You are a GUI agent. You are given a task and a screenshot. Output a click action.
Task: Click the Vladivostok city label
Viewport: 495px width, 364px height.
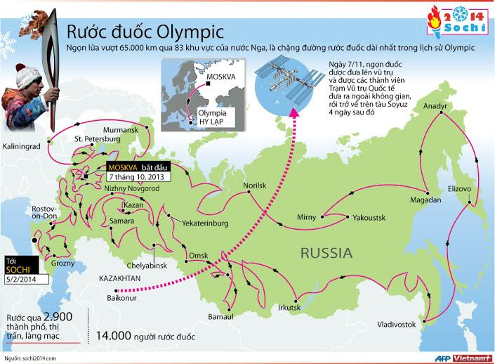click(x=401, y=325)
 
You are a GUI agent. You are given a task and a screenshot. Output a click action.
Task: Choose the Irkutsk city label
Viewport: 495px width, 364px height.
click(x=290, y=307)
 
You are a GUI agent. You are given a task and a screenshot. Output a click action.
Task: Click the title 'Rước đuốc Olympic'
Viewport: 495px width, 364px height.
click(x=145, y=31)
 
